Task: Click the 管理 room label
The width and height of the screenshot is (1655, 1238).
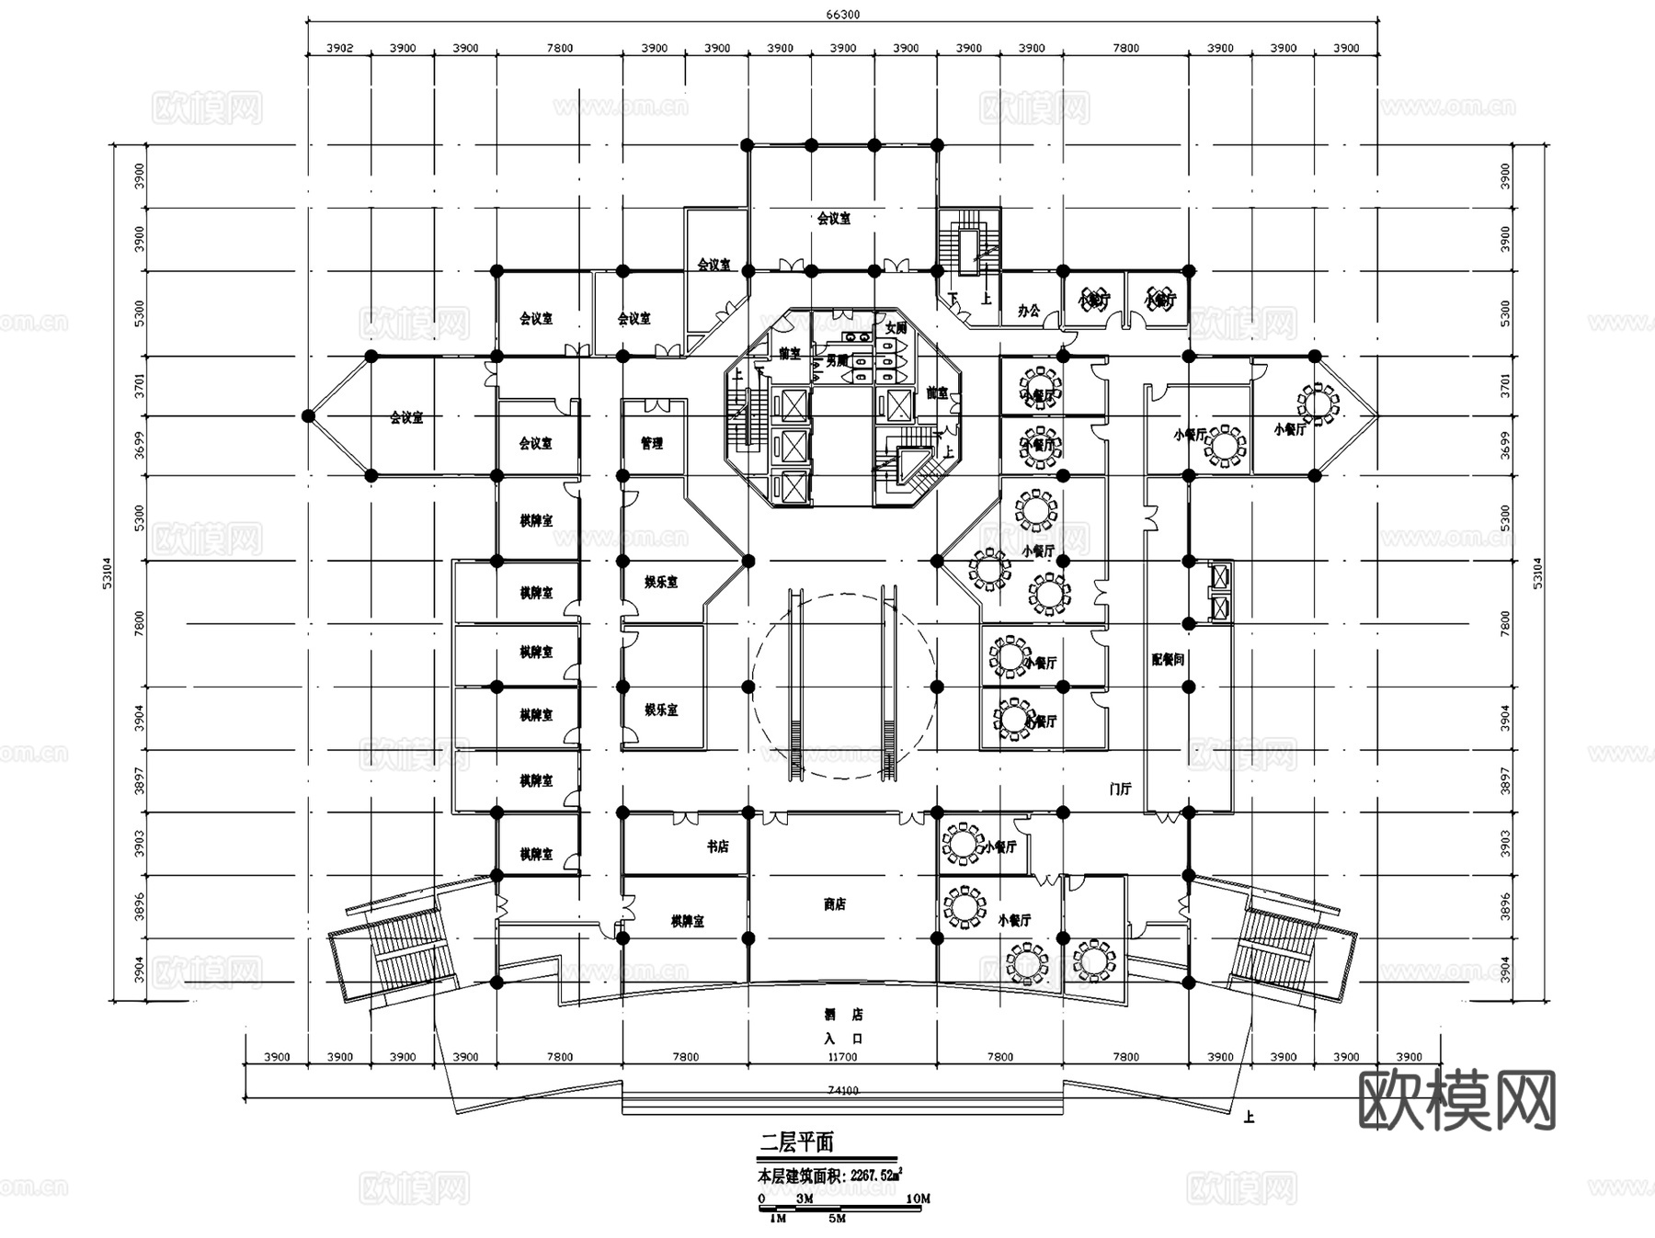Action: click(x=651, y=444)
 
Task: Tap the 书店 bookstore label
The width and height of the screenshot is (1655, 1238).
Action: click(x=717, y=846)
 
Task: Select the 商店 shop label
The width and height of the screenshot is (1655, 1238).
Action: click(x=834, y=904)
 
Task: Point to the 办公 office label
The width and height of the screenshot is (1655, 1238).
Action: click(x=1028, y=311)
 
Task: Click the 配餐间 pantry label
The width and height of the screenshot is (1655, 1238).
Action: click(x=1168, y=659)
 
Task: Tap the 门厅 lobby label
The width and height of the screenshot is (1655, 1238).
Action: click(x=1120, y=789)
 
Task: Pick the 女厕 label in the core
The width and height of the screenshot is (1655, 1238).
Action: click(x=895, y=328)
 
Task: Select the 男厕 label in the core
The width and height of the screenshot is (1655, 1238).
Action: click(x=836, y=361)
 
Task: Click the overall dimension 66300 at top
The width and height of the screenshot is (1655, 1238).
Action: click(x=842, y=15)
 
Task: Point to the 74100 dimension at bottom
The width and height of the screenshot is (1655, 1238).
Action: click(x=842, y=1090)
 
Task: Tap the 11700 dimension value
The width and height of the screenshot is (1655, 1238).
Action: click(x=842, y=1057)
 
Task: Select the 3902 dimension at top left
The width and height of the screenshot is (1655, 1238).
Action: click(x=339, y=48)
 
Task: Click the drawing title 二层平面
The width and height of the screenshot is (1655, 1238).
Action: click(x=796, y=1142)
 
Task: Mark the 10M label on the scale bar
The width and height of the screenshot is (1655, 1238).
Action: click(x=918, y=1198)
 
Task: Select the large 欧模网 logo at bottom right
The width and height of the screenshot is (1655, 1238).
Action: click(x=1456, y=1100)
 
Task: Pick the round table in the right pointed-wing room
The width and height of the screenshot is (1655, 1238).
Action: click(x=1318, y=403)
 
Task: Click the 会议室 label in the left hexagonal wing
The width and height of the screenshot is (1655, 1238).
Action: click(x=405, y=418)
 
